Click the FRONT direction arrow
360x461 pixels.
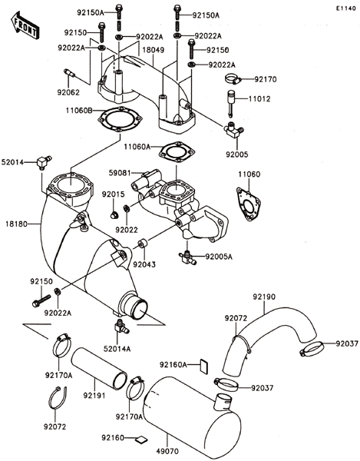coord(25,25)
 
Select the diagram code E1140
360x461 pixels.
coord(346,8)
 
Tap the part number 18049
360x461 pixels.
coord(153,50)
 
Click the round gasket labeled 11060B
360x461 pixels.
coord(120,119)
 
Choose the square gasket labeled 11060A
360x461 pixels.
coord(177,152)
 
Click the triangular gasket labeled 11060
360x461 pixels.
coord(249,204)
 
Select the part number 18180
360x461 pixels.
coord(16,224)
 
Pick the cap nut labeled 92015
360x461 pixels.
coord(114,215)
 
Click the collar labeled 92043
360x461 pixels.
coord(144,244)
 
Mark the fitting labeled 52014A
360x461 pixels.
coord(121,327)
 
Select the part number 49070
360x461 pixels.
coord(167,451)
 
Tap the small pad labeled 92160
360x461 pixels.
coord(141,439)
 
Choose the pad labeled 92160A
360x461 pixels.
coord(204,366)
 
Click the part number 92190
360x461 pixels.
coord(264,297)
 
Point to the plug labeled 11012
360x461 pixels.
coord(230,103)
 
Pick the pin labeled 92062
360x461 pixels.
coord(69,73)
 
